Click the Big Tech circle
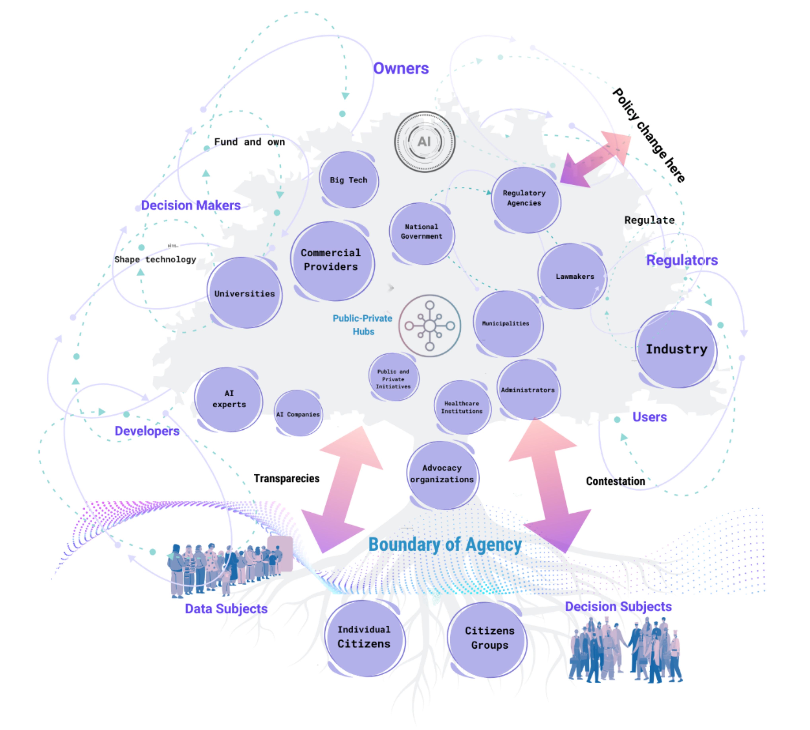(348, 180)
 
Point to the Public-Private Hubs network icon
(430, 326)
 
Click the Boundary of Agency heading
(444, 545)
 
